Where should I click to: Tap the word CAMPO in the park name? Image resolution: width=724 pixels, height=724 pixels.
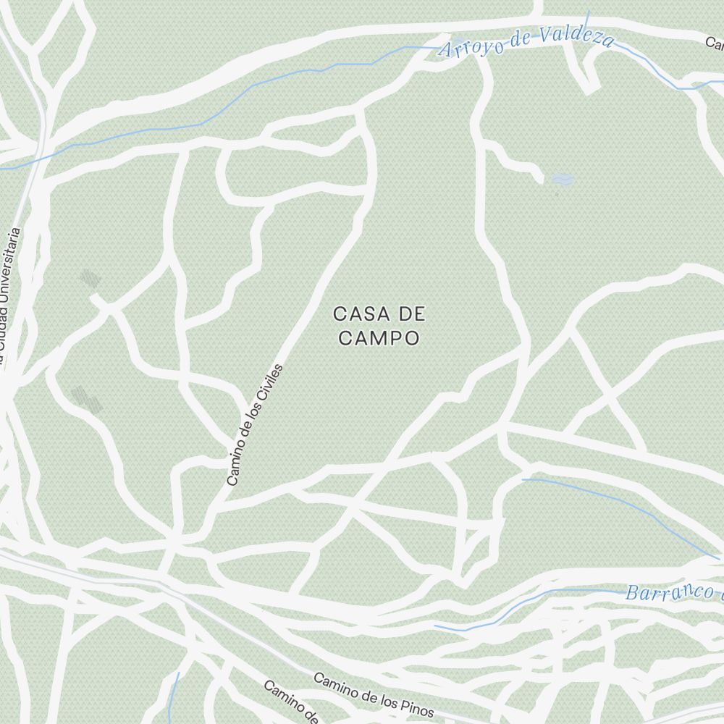pos(379,338)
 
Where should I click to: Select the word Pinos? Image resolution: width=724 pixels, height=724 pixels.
pos(416,707)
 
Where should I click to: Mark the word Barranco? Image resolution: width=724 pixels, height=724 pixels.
pos(659,592)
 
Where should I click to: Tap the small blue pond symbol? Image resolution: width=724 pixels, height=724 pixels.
pos(561,179)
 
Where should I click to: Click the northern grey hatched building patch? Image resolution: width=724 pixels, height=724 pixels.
pos(90,279)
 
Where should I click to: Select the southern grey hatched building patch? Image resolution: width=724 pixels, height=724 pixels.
pos(86,399)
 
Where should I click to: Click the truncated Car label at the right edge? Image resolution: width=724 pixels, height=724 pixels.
pos(715,43)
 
